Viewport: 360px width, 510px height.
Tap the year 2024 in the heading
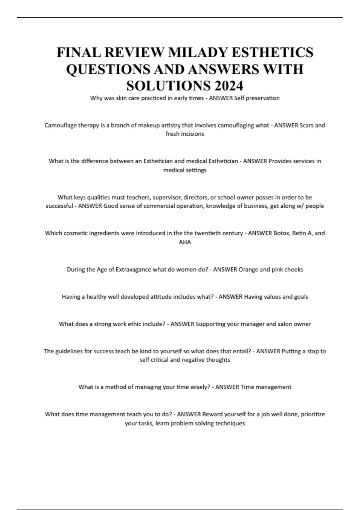click(x=229, y=86)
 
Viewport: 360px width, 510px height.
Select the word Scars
click(x=307, y=125)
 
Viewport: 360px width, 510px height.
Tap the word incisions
click(x=193, y=134)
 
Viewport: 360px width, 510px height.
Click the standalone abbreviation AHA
click(x=185, y=242)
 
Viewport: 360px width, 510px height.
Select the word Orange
click(x=248, y=269)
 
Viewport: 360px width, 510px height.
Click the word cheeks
click(x=293, y=269)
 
